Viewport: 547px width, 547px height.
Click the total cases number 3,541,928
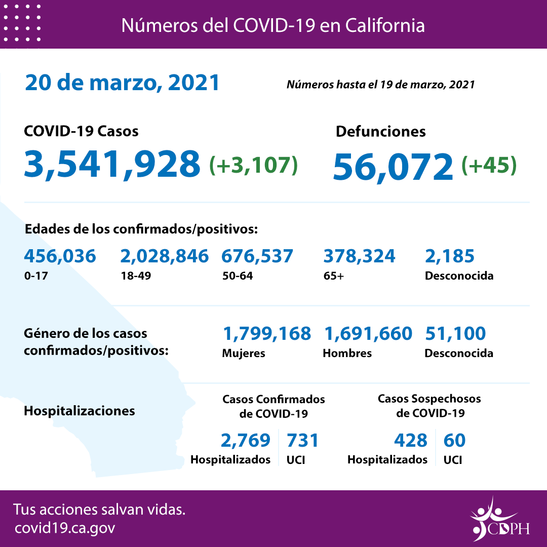tap(112, 164)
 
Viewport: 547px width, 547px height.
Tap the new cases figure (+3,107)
tap(253, 165)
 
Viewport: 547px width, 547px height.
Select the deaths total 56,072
tap(393, 166)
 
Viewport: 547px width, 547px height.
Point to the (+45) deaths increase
tap(489, 165)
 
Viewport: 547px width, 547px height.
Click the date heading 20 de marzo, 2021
tap(122, 83)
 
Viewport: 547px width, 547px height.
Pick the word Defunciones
tap(380, 131)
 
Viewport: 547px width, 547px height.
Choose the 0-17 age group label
tap(34, 276)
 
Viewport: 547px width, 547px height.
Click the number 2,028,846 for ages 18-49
tap(164, 256)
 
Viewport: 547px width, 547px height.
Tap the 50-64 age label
tap(238, 276)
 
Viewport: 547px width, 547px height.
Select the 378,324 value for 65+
tap(359, 256)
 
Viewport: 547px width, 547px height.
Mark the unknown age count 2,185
tap(450, 256)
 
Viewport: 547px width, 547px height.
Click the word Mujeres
tap(244, 353)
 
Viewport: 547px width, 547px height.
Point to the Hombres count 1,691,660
tap(367, 333)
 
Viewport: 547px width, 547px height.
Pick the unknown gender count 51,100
tap(455, 333)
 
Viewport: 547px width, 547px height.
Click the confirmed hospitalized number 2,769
tap(246, 440)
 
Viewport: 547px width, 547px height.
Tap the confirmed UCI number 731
tap(303, 440)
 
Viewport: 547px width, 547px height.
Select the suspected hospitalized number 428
tap(410, 440)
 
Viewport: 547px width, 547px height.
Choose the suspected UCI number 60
tap(454, 440)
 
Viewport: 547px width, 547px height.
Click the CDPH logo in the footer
tap(499, 520)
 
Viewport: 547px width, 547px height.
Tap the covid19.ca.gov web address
tap(65, 528)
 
